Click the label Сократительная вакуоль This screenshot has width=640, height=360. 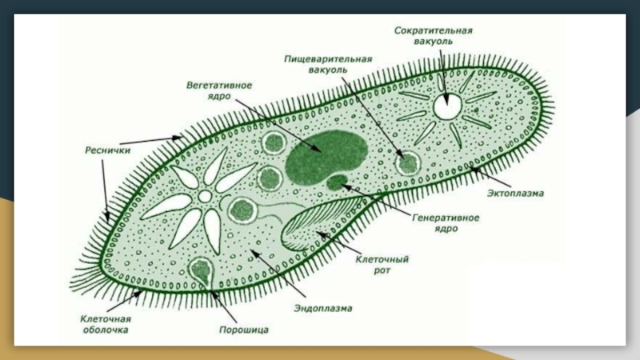coord(434,36)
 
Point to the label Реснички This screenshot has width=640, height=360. coord(102,149)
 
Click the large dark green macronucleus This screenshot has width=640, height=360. coord(326,152)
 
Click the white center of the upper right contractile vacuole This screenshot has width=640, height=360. coord(446,105)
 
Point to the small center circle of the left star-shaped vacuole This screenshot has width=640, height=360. coord(205,196)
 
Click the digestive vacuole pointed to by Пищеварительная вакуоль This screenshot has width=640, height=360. coord(410,163)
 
